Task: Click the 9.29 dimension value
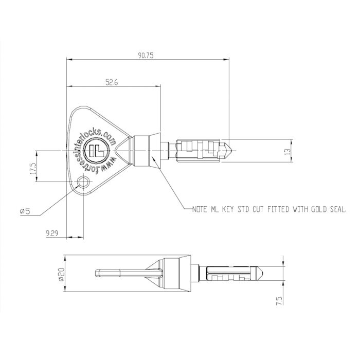pyautogui.click(x=51, y=233)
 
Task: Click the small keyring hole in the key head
pyautogui.click(x=83, y=182)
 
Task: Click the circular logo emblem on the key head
pyautogui.click(x=97, y=150)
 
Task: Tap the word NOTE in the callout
pyautogui.click(x=202, y=210)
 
